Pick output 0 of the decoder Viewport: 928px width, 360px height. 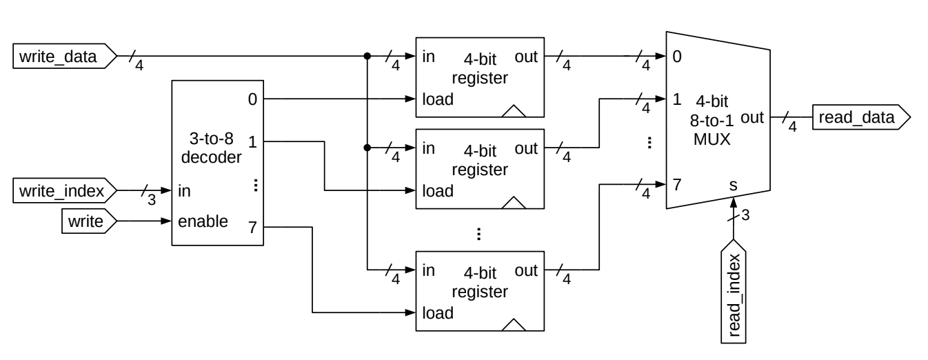pyautogui.click(x=252, y=99)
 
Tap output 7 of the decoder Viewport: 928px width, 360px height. pyautogui.click(x=252, y=228)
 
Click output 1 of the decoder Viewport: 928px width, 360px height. pyautogui.click(x=252, y=142)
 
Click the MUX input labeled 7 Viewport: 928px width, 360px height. pyautogui.click(x=677, y=184)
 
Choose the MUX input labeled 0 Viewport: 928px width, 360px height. pyautogui.click(x=677, y=57)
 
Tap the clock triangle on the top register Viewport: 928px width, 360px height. pyautogui.click(x=513, y=111)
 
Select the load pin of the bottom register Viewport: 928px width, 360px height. pyautogui.click(x=438, y=313)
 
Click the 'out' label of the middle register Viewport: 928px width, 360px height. pyautogui.click(x=525, y=148)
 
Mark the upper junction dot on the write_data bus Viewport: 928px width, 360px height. pyautogui.click(x=367, y=57)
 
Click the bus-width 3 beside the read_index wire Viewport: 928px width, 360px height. pyautogui.click(x=745, y=217)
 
